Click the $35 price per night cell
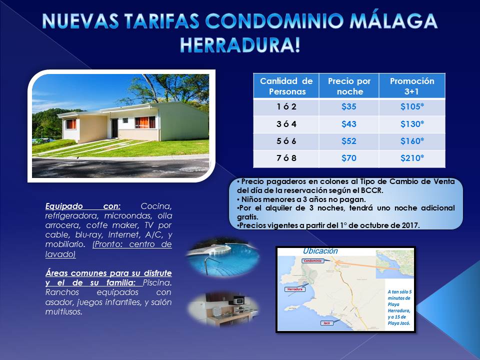[x=348, y=107]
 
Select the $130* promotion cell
[x=412, y=124]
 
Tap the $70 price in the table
[x=348, y=158]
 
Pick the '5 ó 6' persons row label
[x=286, y=141]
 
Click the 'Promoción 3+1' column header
[x=412, y=86]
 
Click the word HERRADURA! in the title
[x=240, y=45]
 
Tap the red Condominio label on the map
[x=312, y=261]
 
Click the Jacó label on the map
[x=326, y=323]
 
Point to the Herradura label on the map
[x=295, y=289]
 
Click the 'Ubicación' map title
[x=320, y=251]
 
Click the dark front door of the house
[x=115, y=128]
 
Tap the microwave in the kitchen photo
[x=238, y=301]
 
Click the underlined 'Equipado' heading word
[x=64, y=206]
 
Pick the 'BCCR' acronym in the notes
[x=371, y=190]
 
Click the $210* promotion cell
[x=412, y=158]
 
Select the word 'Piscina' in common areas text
[x=157, y=282]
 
